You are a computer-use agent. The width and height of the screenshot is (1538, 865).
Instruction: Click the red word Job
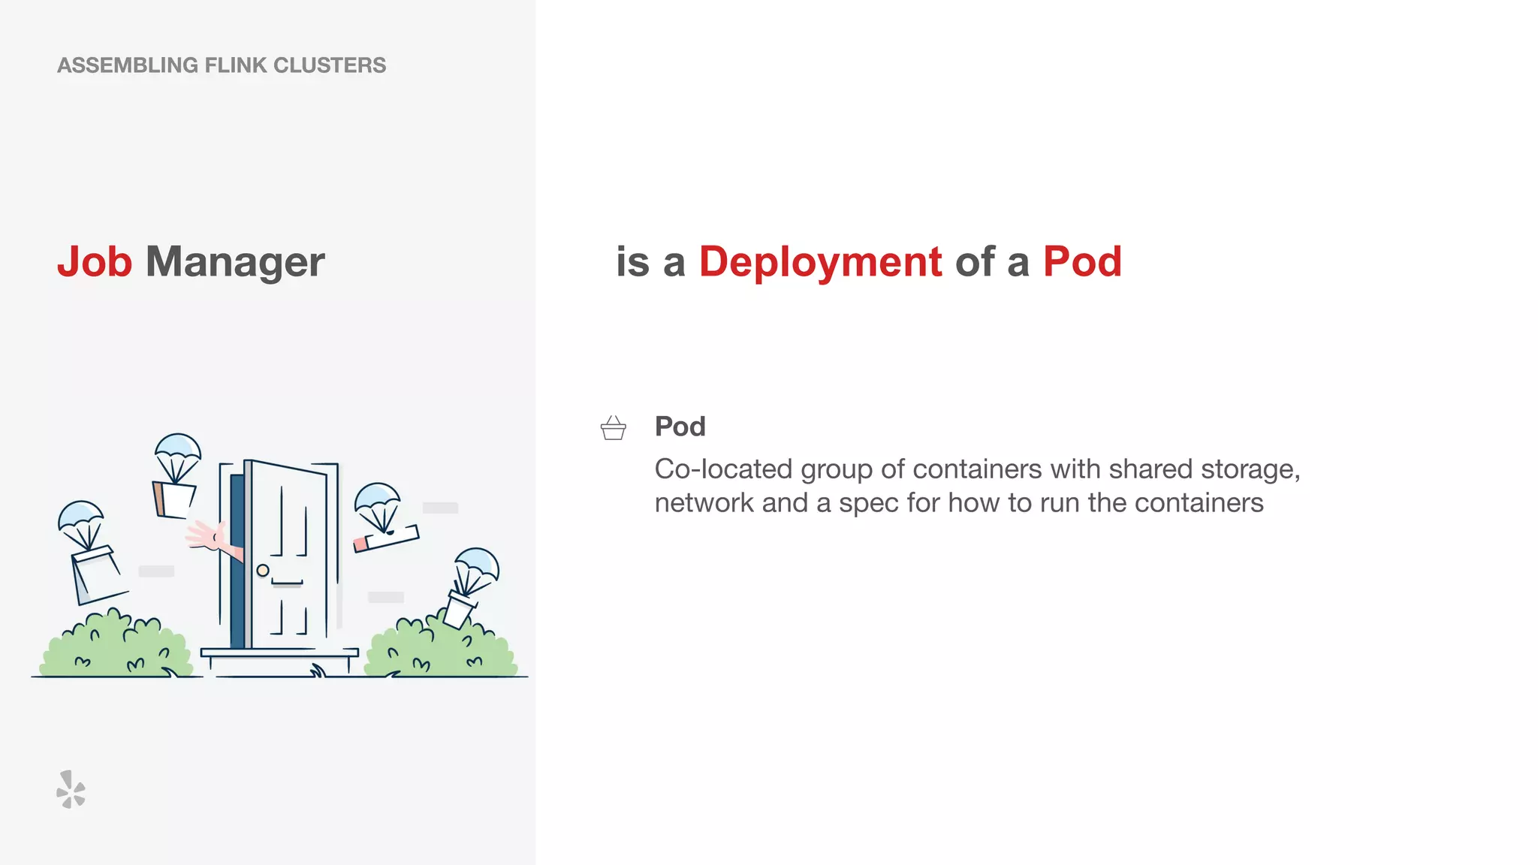click(95, 262)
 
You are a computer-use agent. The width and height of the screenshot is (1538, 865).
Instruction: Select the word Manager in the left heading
click(235, 262)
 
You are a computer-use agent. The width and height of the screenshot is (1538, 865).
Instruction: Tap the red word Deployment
click(820, 262)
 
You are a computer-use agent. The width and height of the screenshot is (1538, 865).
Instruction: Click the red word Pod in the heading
click(1082, 262)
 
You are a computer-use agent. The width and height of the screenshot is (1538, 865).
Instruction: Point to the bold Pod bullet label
click(680, 426)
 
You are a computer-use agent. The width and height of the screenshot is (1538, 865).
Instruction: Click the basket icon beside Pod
click(614, 428)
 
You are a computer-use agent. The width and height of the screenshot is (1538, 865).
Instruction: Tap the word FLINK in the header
click(235, 65)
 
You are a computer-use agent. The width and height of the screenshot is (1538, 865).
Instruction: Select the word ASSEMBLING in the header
click(128, 65)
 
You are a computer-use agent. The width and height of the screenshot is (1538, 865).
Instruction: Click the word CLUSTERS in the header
click(330, 65)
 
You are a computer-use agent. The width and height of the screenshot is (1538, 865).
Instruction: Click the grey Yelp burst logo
click(71, 789)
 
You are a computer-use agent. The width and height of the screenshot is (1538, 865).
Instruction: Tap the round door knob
click(263, 571)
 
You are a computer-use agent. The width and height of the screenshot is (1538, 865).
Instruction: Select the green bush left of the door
click(116, 647)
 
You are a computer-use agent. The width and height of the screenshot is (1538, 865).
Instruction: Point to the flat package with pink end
click(386, 538)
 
